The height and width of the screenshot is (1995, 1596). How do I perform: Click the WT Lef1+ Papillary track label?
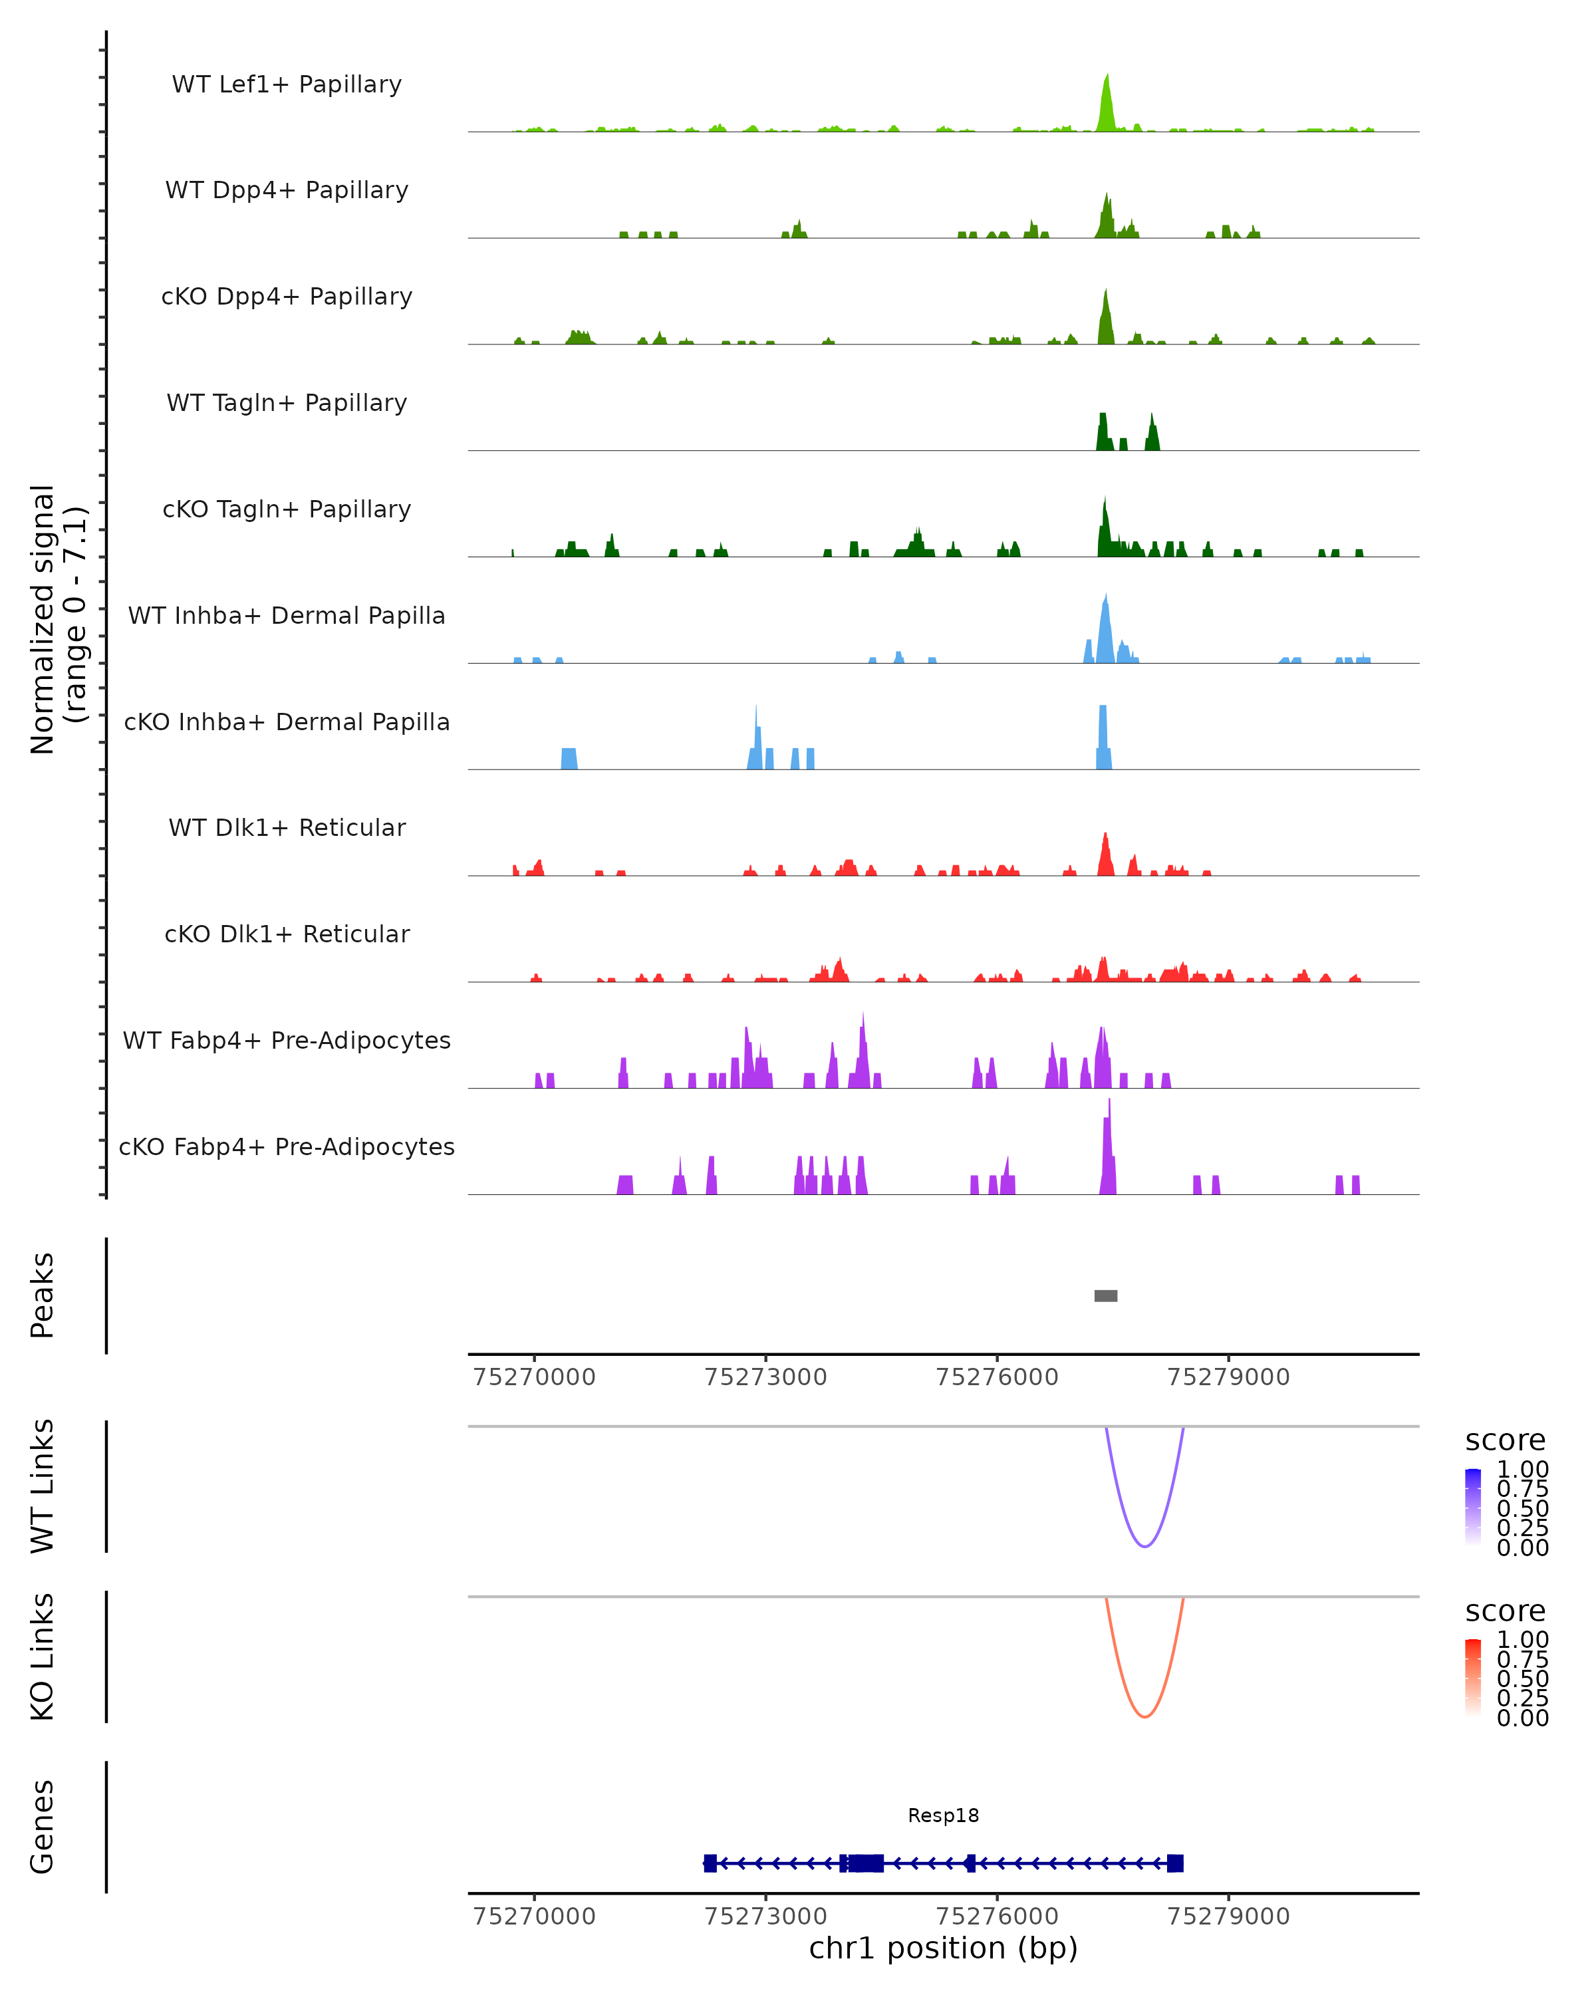pos(287,84)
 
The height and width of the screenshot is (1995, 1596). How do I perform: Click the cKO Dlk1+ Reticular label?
pos(287,934)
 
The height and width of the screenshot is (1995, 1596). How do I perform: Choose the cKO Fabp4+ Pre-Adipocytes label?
pos(287,1146)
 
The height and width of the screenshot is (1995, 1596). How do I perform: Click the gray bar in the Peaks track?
pos(1106,1295)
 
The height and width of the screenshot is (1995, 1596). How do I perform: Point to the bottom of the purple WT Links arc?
pos(1144,1546)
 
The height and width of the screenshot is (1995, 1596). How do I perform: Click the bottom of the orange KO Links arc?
pos(1144,1716)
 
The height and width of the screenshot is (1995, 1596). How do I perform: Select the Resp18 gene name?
pos(943,1815)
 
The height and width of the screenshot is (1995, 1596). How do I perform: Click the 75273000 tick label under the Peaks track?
pos(765,1377)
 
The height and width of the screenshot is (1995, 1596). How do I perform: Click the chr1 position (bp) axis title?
pos(943,1948)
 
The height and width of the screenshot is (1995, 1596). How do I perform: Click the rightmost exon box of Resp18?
pos(1175,1863)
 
